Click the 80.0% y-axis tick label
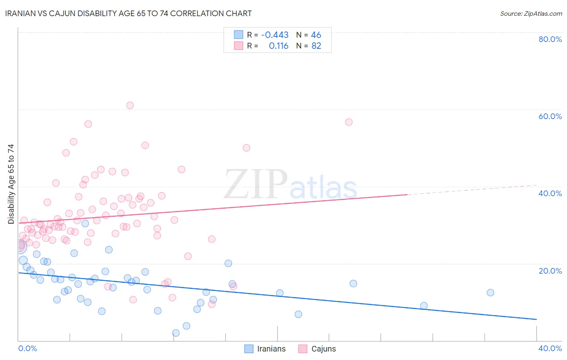click(x=550, y=39)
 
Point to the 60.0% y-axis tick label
click(x=550, y=116)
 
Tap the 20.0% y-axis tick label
click(x=550, y=271)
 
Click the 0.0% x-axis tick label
click(x=27, y=348)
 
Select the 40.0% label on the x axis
click(x=550, y=348)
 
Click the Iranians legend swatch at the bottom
click(x=249, y=349)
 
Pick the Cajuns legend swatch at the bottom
click(x=303, y=349)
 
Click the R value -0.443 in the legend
click(x=275, y=35)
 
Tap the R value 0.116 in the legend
click(x=279, y=46)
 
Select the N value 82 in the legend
click(x=316, y=46)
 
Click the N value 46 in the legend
click(x=316, y=35)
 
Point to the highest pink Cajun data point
click(x=130, y=105)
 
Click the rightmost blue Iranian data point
click(x=490, y=293)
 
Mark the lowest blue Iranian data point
click(x=176, y=333)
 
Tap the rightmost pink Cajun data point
click(x=349, y=122)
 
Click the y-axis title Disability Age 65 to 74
click(x=11, y=184)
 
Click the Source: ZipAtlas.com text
click(x=531, y=14)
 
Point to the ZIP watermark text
click(x=256, y=185)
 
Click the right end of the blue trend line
click(x=536, y=319)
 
